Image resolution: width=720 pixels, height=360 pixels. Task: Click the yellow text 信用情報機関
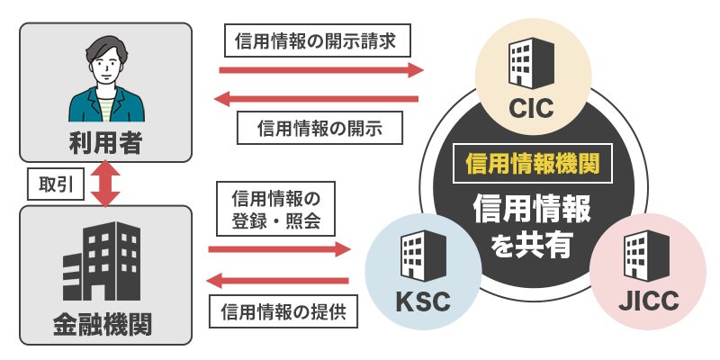pos(533,164)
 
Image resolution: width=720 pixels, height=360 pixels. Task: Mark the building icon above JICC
pos(647,255)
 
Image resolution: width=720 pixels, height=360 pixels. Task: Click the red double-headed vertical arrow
pos(105,184)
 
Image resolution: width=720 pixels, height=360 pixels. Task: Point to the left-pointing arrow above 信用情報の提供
pos(278,279)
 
